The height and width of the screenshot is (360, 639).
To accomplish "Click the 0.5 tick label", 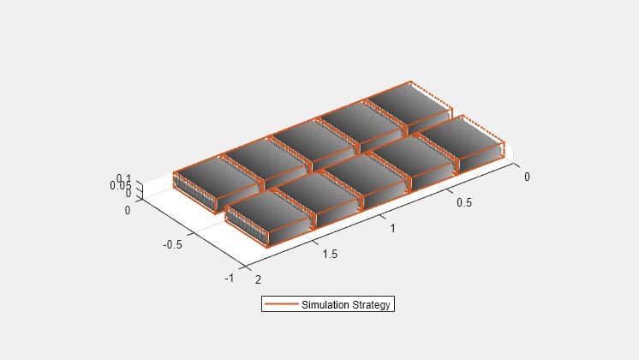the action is pos(463,202).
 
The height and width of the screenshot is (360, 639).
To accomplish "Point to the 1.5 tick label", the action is pos(330,254).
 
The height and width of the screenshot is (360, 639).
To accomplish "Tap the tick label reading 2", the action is pos(258,279).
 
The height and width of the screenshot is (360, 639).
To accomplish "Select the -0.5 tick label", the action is pos(172,244).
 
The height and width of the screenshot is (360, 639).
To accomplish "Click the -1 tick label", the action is pos(230,278).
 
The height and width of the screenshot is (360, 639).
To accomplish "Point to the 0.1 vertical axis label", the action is pos(123,178).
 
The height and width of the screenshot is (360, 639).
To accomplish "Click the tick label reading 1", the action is pos(392,228).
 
